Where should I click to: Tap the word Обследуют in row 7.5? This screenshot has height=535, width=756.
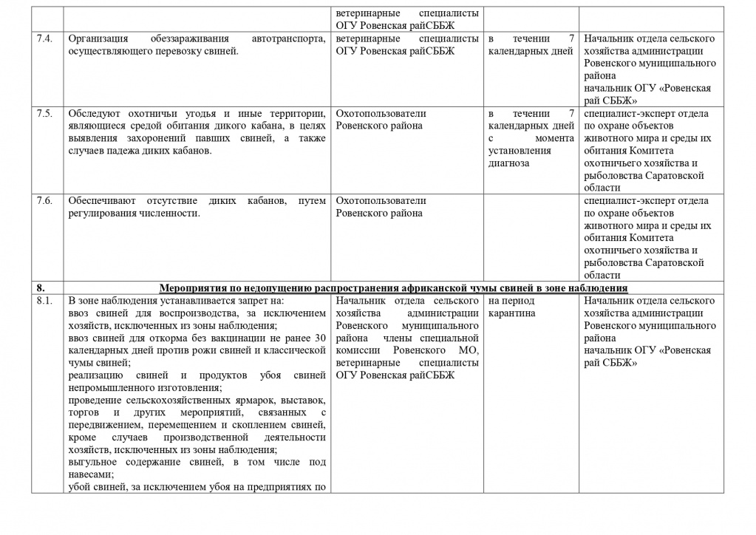coord(92,113)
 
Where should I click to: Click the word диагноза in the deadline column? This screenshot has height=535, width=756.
coord(508,163)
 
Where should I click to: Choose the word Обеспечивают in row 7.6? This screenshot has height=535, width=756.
coord(99,200)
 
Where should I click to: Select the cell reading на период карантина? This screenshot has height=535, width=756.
coord(511,307)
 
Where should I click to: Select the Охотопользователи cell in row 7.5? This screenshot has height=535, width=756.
coord(381,119)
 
